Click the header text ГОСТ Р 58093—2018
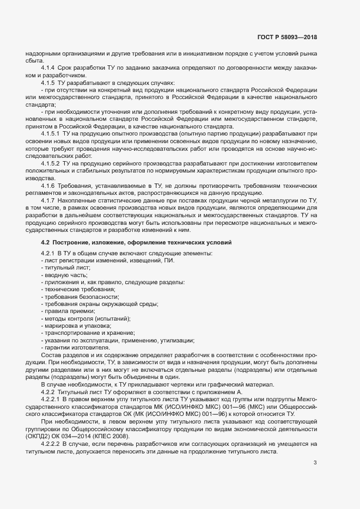pos(286,37)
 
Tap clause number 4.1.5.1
pos(52,133)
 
